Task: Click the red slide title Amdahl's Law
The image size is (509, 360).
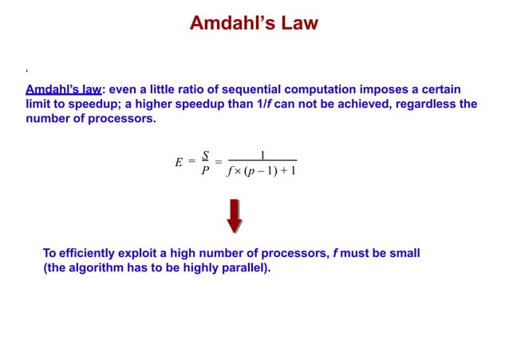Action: pyautogui.click(x=254, y=23)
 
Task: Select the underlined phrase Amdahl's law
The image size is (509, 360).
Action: pyautogui.click(x=63, y=88)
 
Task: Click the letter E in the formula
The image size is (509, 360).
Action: pyautogui.click(x=179, y=162)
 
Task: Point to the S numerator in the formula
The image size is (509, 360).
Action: pyautogui.click(x=205, y=155)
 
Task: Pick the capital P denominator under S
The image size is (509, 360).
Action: pyautogui.click(x=205, y=170)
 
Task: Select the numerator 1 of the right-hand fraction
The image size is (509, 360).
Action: pyautogui.click(x=262, y=154)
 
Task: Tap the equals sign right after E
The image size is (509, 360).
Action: pyautogui.click(x=191, y=162)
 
